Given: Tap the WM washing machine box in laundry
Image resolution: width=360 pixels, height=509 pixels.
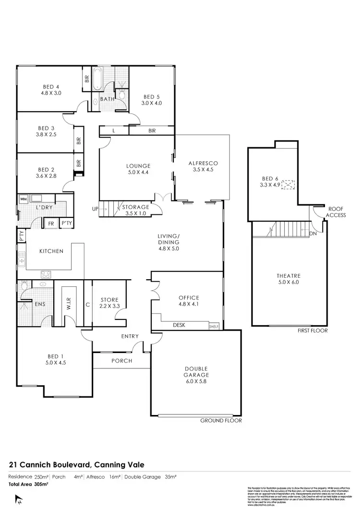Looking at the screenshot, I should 23,199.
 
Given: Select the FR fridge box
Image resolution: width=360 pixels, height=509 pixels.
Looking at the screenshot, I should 50,223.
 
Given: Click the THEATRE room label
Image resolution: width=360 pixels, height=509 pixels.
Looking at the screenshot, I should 288,275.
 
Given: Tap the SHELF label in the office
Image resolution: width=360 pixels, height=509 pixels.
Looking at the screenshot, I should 214,327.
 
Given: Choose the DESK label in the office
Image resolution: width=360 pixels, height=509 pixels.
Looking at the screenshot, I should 180,325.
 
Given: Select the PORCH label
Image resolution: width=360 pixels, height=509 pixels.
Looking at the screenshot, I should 122,361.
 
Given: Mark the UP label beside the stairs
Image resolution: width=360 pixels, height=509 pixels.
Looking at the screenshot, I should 95,209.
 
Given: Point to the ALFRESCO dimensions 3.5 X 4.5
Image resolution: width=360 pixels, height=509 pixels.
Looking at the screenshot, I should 202,169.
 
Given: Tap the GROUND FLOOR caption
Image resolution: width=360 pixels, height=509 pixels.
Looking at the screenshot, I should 221,420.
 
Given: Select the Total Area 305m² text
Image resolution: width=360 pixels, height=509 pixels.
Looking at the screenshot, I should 28,485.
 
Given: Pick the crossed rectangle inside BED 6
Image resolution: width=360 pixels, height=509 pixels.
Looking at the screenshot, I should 288,184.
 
